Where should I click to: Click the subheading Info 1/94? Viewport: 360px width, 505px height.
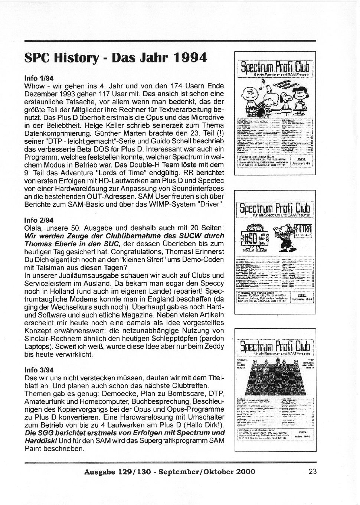click(x=39, y=78)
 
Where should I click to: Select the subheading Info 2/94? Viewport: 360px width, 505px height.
click(x=39, y=220)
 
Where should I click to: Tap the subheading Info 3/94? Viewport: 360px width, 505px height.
click(x=39, y=370)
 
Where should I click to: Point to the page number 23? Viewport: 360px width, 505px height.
click(x=312, y=472)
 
